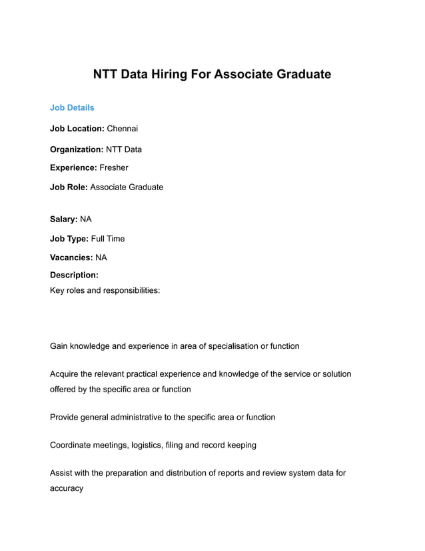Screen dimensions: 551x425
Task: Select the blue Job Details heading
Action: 72,107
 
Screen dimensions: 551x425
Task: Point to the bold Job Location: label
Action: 77,128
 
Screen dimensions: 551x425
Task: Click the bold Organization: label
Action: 77,149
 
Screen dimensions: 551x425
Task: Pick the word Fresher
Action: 113,167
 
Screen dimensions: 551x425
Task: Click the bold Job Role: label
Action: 69,187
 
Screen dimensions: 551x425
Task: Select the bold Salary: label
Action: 64,219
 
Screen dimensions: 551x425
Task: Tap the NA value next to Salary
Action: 86,219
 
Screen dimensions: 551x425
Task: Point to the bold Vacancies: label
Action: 71,257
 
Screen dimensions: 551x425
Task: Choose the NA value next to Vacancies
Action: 101,257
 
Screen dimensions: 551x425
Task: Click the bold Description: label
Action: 74,275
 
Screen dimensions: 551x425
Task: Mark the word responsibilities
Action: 130,291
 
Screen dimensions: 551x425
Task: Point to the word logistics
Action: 150,445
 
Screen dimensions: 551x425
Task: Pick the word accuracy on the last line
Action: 67,488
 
